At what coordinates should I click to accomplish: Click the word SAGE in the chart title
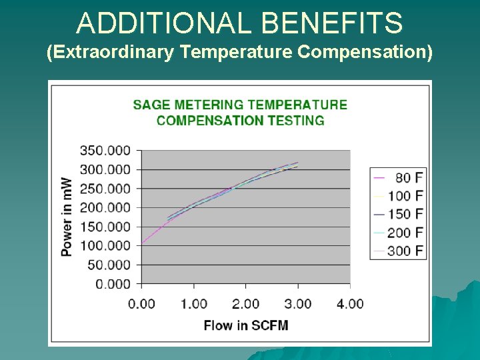(x=151, y=105)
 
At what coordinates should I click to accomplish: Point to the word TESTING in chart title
(x=293, y=121)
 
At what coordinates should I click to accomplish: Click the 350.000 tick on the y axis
(x=105, y=151)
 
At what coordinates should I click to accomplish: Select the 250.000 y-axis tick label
(x=105, y=189)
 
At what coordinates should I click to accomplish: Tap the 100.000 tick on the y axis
(x=105, y=246)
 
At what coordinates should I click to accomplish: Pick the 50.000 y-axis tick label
(x=109, y=265)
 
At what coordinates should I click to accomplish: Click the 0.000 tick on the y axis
(x=112, y=284)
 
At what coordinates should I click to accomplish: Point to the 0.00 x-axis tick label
(x=141, y=304)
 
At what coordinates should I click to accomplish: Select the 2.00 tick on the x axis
(x=245, y=304)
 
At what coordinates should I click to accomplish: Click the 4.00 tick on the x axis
(x=350, y=304)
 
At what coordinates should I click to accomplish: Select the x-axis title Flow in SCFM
(x=246, y=325)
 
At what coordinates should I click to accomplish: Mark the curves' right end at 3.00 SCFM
(x=297, y=164)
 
